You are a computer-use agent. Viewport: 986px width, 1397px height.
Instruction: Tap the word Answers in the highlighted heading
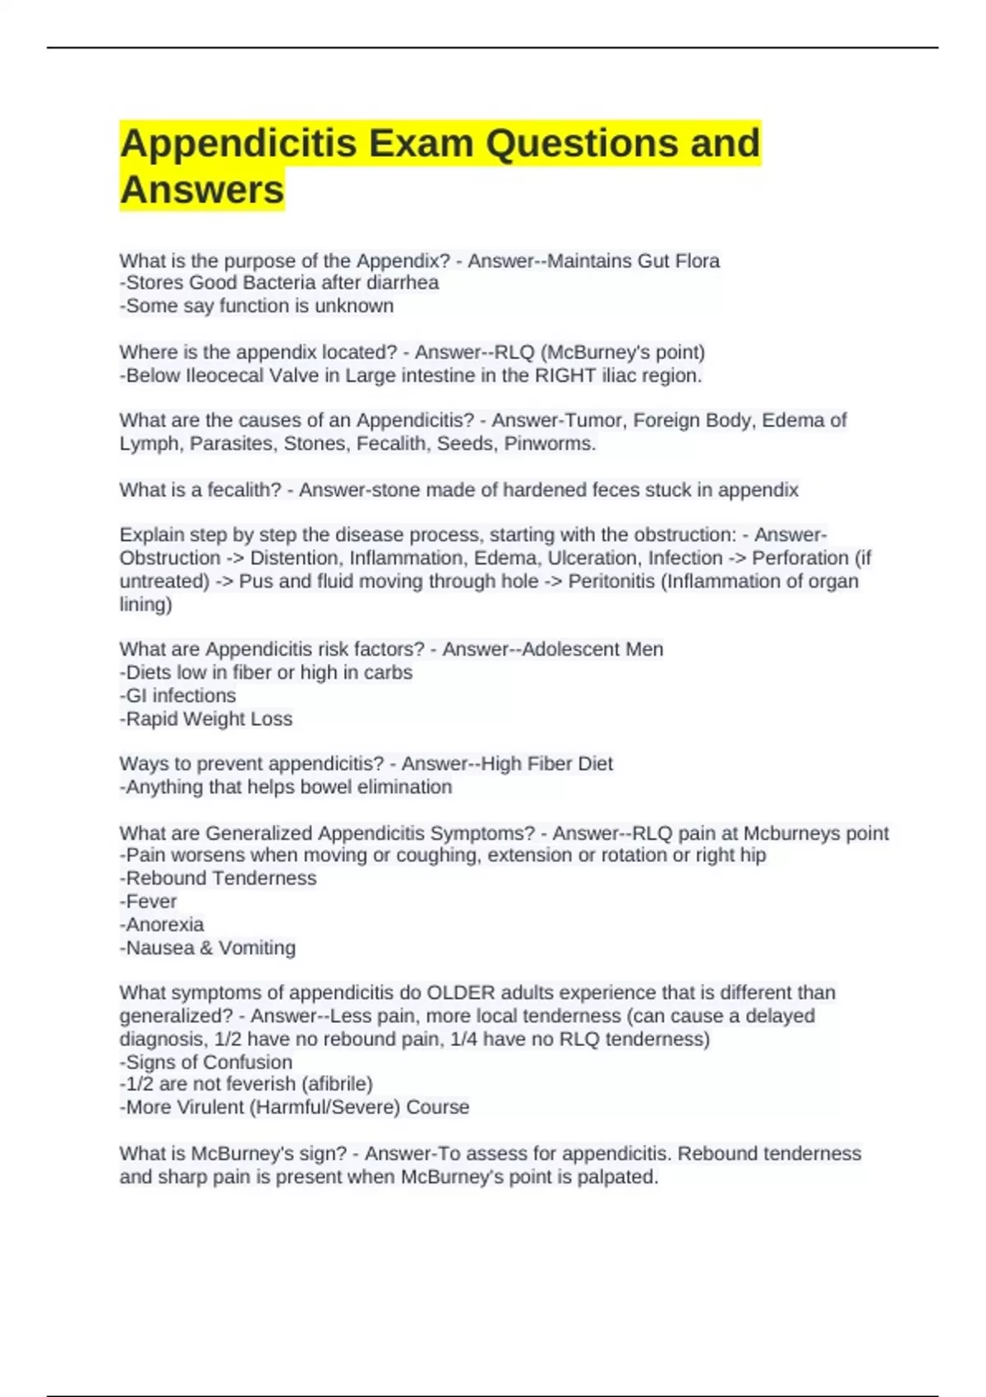click(202, 190)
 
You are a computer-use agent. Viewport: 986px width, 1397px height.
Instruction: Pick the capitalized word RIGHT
click(565, 376)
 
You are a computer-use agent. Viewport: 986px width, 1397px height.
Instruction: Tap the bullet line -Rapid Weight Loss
click(206, 719)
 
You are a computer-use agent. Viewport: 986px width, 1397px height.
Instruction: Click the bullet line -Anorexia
click(162, 924)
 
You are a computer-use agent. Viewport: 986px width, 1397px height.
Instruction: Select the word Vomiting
click(257, 947)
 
